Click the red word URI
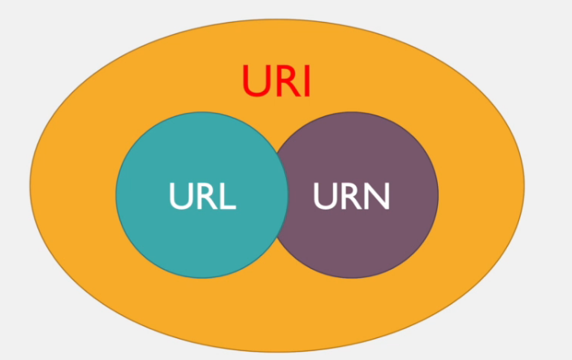pos(276,80)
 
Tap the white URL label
pos(202,195)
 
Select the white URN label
pos(351,195)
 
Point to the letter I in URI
pos(306,80)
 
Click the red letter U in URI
pos(255,80)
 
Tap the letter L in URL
pos(227,195)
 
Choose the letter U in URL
pos(180,195)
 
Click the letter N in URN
pos(378,195)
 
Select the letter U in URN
pos(325,195)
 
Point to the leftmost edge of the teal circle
pos(116,195)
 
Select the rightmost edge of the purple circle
pos(438,195)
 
